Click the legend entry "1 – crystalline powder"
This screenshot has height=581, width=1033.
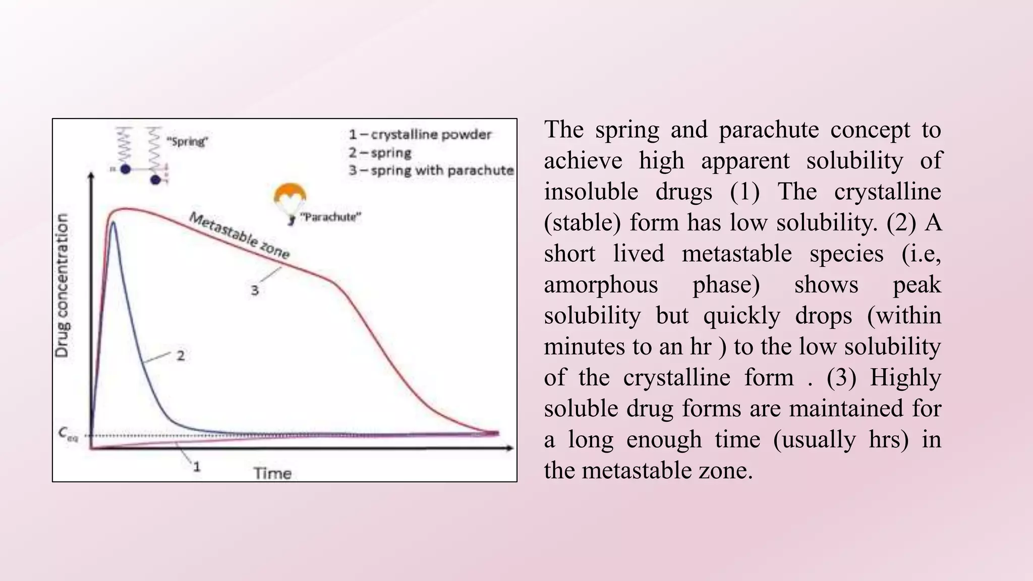click(x=420, y=135)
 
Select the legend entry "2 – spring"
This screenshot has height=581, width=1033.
click(x=380, y=153)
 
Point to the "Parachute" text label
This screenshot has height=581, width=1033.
click(x=330, y=217)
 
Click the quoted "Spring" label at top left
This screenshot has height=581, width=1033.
click(x=187, y=142)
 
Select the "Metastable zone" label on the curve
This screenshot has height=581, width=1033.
click(x=239, y=235)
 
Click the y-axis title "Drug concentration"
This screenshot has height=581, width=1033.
click(x=62, y=285)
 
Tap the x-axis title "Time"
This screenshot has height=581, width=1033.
click(x=272, y=473)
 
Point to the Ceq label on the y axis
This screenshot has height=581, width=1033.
click(x=68, y=434)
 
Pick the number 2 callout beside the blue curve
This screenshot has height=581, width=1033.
click(x=181, y=356)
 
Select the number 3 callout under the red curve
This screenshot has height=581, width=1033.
click(x=255, y=290)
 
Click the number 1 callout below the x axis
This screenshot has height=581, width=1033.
click(x=197, y=467)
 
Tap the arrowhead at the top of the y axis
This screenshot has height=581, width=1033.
click(x=91, y=176)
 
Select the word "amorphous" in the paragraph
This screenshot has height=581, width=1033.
click(x=601, y=285)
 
